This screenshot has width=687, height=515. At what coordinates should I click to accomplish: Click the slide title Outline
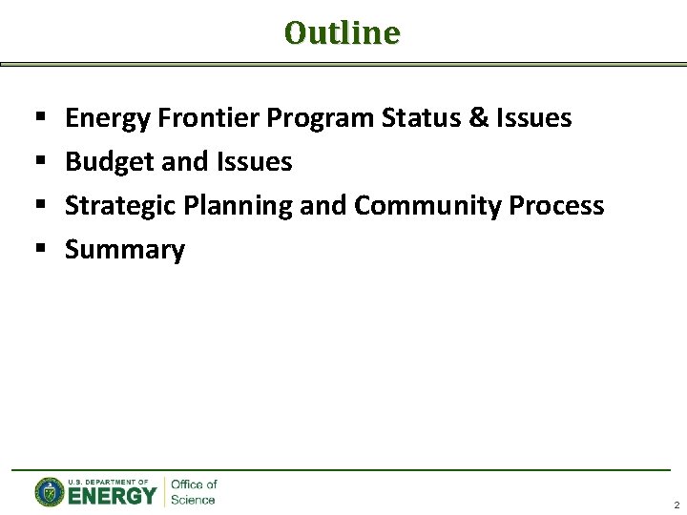pos(343,33)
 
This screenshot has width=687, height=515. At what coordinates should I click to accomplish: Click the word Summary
pos(124,250)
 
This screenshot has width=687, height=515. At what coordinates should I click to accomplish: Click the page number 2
pos(676,505)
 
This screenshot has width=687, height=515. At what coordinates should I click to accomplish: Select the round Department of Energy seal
pos(49,492)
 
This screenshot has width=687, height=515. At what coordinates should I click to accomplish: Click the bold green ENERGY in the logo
pos(112,496)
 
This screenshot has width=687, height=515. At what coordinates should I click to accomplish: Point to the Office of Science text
pos(194,492)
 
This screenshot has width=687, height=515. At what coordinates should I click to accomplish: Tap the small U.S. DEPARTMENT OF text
pos(108,483)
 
